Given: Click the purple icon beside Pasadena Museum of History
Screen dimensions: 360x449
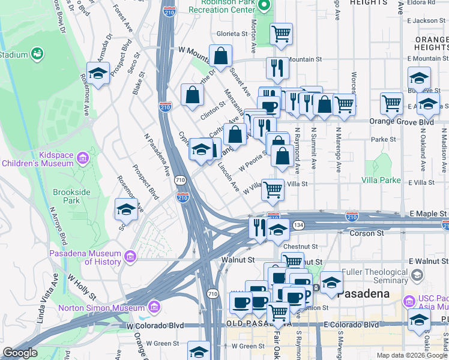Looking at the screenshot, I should click(x=130, y=257).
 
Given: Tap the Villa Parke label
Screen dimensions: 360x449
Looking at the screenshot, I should click(x=381, y=180).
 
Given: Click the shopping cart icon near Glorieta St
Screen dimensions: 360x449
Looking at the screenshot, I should click(x=281, y=35).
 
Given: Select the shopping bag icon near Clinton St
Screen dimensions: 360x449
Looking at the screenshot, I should click(x=193, y=95).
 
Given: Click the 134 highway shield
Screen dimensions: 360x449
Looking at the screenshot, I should click(x=298, y=224).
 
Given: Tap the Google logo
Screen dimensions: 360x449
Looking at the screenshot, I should click(x=20, y=353).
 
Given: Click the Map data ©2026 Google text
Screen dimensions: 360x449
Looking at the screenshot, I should click(x=412, y=355).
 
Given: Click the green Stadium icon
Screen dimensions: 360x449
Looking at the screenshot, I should click(x=38, y=54).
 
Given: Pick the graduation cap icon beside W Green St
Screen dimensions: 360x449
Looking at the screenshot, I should click(x=199, y=352).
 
